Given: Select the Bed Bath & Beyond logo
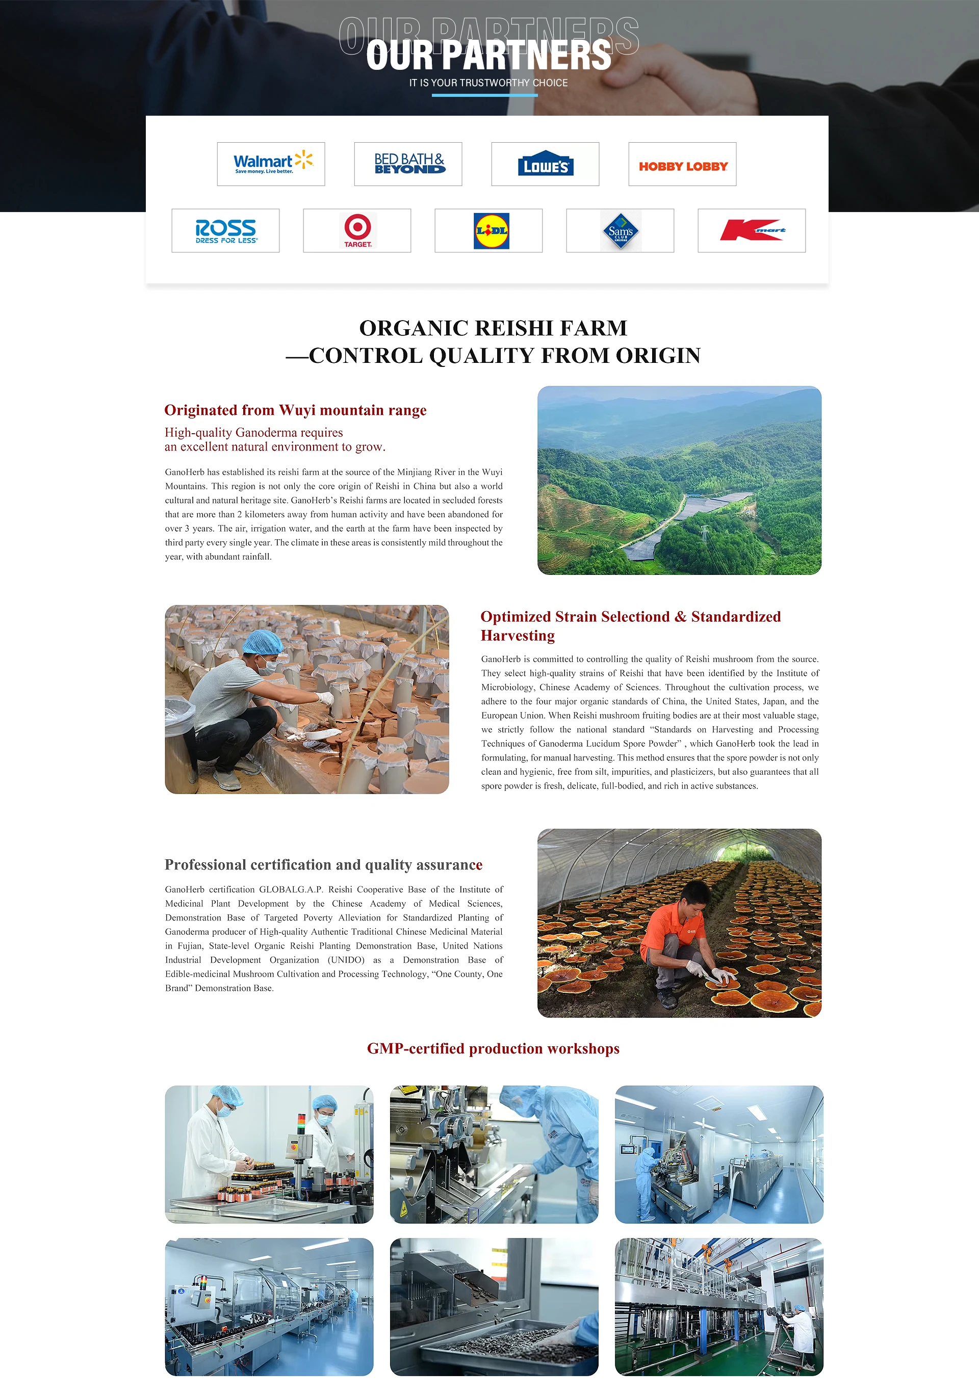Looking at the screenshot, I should tap(408, 164).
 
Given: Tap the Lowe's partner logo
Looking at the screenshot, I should tap(546, 164).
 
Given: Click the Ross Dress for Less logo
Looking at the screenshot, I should tap(226, 230).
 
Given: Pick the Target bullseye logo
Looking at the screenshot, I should tap(357, 230).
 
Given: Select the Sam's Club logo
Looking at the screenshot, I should tap(621, 230).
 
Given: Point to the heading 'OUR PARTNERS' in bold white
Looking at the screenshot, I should tap(488, 56).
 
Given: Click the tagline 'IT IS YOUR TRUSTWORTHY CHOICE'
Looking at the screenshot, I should tap(488, 83).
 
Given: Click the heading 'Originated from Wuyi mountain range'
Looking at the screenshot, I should tap(295, 410).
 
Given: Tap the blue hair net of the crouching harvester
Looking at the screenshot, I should tap(263, 641).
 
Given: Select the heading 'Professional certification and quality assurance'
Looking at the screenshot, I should tap(323, 864).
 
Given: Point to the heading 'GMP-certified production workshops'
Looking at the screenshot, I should tap(493, 1048).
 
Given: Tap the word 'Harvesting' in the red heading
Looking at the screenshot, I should tap(518, 636).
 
